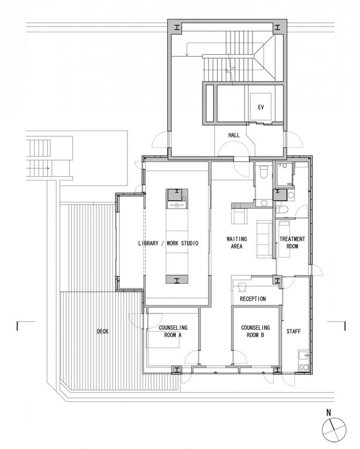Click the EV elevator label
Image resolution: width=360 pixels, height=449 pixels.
click(261, 107)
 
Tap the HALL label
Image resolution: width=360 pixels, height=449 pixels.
click(234, 135)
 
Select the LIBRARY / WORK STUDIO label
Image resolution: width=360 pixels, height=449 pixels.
click(168, 243)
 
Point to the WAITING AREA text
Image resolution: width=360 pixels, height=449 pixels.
click(237, 242)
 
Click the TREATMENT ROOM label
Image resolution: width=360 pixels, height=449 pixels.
click(292, 242)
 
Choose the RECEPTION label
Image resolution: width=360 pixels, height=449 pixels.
click(253, 299)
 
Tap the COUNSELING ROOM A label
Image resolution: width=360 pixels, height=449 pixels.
click(173, 331)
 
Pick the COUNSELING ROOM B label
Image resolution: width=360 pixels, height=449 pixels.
click(255, 331)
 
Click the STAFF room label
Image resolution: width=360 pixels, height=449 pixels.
click(294, 331)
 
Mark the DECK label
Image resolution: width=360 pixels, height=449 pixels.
click(102, 331)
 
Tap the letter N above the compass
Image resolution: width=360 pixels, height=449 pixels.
click(329, 413)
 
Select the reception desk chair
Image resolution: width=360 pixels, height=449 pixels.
click(242, 286)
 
